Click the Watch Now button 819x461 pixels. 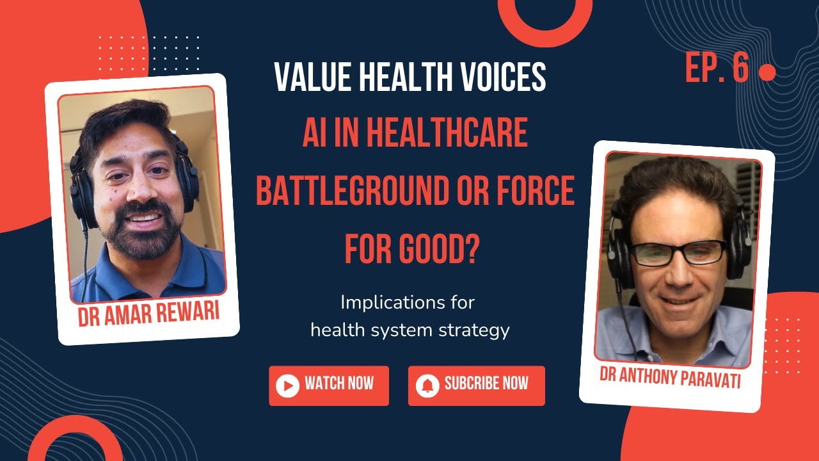[x=329, y=385]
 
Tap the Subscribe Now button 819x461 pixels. [x=476, y=385]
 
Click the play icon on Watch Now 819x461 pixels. [x=288, y=385]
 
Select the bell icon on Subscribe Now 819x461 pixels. [x=427, y=385]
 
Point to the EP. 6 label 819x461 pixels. [x=717, y=68]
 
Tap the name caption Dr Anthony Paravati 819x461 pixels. [x=670, y=376]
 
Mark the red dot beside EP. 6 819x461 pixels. [x=767, y=74]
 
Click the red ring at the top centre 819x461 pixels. [x=545, y=19]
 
